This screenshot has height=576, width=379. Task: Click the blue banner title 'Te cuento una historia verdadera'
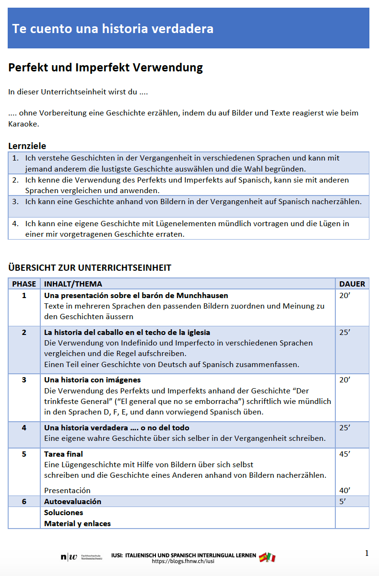113,29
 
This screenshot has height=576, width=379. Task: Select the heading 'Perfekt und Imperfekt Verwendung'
106,68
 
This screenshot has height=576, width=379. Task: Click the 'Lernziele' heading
27,146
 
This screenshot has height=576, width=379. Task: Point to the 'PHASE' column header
24,284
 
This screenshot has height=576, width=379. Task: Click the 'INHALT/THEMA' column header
73,284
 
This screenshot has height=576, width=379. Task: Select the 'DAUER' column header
352,284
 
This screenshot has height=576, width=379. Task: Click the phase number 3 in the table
24,380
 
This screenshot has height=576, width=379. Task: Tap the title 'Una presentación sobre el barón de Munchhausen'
136,295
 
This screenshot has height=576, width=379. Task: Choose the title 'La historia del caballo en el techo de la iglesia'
127,332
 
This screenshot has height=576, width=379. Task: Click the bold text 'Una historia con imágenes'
92,380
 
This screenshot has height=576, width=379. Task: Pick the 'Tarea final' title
63,454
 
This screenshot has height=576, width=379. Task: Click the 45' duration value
345,454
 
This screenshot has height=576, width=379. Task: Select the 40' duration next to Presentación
345,490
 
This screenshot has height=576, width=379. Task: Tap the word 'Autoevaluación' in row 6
72,501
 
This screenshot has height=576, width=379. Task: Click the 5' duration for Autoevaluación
343,501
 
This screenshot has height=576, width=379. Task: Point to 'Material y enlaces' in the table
77,523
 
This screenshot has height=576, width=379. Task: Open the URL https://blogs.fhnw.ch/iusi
183,561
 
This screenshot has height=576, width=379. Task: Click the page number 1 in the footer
367,553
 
